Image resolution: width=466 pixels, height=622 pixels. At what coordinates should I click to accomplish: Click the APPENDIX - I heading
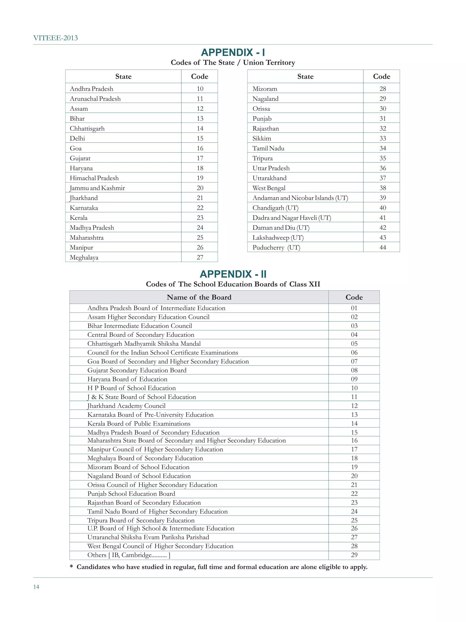233,53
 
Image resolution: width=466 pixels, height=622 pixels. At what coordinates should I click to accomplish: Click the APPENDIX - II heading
233,274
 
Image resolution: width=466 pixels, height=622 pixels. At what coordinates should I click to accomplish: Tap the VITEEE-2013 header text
55,38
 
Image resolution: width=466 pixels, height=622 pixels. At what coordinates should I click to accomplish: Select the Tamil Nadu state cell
268,148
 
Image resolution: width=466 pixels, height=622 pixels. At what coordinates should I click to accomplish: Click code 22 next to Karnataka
200,208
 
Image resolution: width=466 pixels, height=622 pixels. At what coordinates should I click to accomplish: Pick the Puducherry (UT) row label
276,247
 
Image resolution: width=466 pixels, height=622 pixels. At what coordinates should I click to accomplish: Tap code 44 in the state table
382,247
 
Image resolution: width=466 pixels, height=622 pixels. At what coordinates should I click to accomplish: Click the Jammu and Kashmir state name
97,188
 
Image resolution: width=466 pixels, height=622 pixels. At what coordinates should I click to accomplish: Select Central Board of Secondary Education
141,335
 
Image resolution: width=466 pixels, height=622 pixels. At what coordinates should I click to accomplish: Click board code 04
354,335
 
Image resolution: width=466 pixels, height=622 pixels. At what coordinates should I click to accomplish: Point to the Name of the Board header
199,297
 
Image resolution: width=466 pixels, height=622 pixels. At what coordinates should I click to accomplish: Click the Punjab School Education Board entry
131,494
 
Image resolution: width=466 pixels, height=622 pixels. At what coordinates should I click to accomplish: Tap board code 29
354,555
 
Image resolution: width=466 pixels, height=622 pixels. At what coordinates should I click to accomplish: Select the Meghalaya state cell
84,257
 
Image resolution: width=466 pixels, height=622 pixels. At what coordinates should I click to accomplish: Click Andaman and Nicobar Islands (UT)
300,198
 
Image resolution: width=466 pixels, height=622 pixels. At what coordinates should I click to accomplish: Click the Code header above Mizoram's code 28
381,77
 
